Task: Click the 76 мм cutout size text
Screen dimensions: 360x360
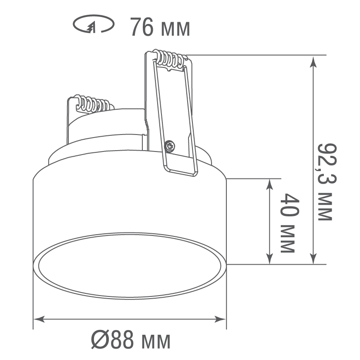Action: (x=160, y=28)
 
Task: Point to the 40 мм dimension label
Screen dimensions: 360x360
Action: (x=287, y=223)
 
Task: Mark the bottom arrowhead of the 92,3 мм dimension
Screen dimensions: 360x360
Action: (x=313, y=259)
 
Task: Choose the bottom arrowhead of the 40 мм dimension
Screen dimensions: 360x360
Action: (x=270, y=259)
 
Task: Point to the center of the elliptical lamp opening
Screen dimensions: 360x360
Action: (x=130, y=266)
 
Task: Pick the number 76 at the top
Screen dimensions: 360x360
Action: (x=141, y=28)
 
